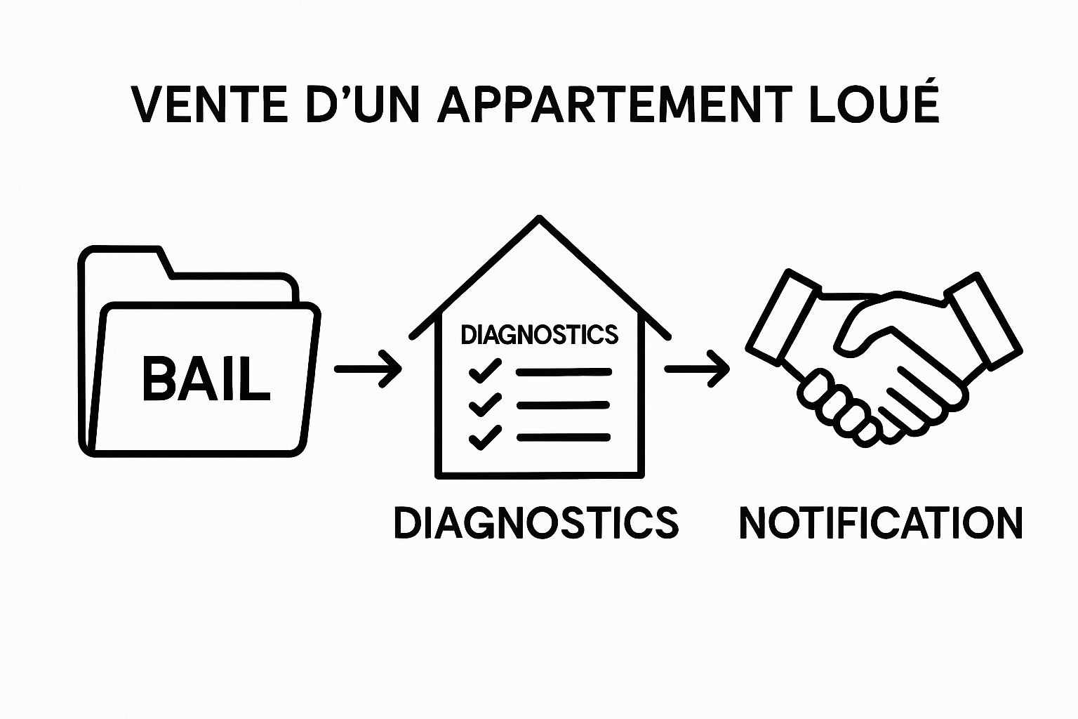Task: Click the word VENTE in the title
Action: pos(209,105)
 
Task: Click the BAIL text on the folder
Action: pos(206,379)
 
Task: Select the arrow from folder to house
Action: pos(368,369)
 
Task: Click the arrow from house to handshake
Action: pos(697,369)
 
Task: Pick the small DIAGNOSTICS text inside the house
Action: pos(539,335)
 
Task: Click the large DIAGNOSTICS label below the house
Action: pos(536,522)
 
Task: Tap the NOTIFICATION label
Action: pos(881,522)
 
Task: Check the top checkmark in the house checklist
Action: pos(484,370)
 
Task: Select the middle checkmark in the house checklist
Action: pos(484,404)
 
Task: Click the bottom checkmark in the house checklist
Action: pos(484,437)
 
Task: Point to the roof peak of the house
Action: pos(539,219)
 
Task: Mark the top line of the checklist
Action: pos(564,371)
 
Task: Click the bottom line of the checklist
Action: pos(564,437)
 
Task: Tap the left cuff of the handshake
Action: pos(783,317)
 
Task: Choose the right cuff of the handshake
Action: pos(983,320)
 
